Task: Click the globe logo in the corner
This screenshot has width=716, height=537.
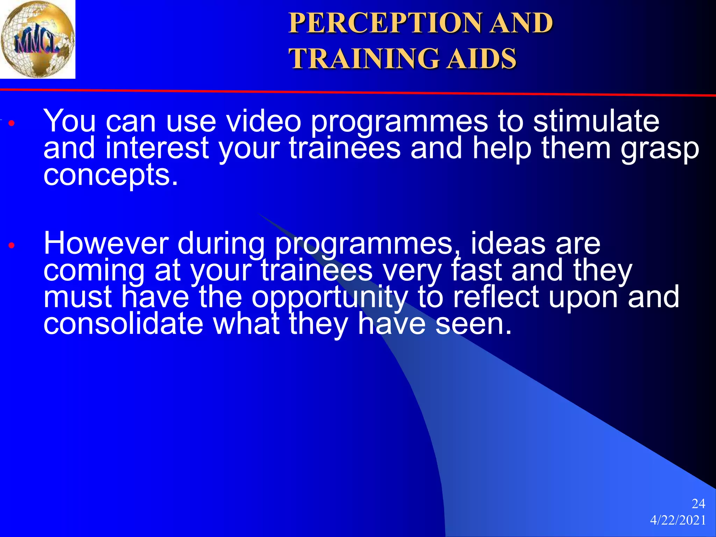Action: [37, 39]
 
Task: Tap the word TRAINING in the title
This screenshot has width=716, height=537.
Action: [364, 58]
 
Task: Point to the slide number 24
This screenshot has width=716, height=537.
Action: [698, 504]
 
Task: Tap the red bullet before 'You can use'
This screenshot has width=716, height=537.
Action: [12, 123]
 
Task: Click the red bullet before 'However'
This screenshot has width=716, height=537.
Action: [12, 245]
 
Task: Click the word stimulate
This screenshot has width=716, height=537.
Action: [596, 121]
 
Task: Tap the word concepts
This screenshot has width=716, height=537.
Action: [110, 176]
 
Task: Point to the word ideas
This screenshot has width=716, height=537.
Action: [508, 243]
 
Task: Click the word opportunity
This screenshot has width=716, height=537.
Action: [330, 298]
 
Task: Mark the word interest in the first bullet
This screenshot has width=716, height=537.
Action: [157, 148]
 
